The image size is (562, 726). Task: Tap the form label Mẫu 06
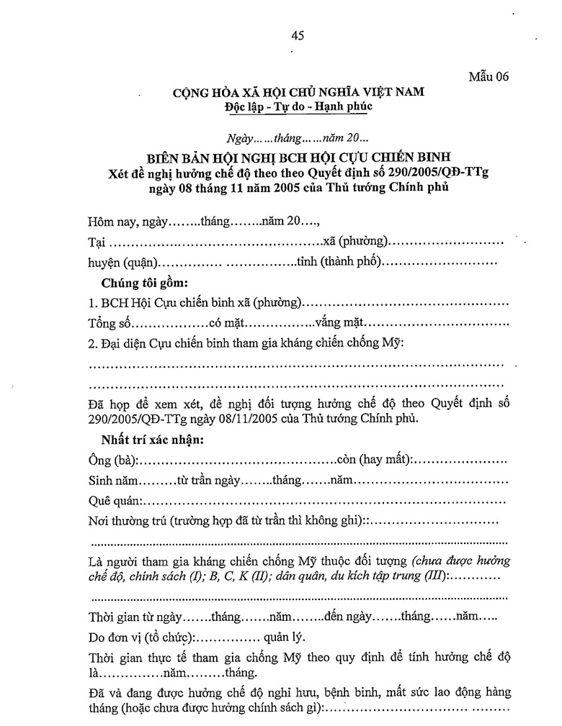tap(489, 78)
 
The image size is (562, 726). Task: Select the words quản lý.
tap(286, 637)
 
